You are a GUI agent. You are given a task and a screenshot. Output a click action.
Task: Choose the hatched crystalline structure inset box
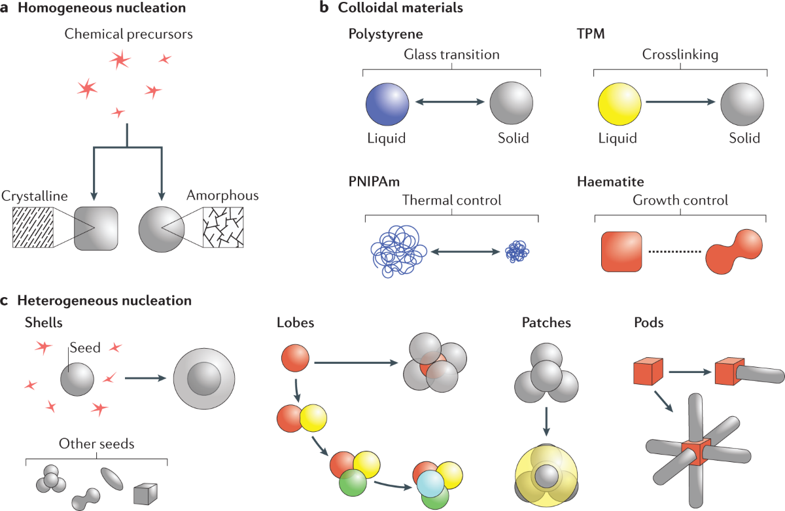pos(33,228)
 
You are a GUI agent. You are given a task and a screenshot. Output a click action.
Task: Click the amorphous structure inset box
pos(224,228)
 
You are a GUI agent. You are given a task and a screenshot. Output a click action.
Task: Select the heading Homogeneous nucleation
pos(101,9)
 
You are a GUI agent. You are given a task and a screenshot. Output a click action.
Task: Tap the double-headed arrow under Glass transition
pos(451,103)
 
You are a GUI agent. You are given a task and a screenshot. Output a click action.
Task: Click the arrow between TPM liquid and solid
pos(681,103)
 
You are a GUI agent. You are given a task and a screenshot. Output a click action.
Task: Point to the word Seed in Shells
pos(84,347)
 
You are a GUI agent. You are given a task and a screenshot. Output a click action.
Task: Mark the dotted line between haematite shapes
pos(674,252)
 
